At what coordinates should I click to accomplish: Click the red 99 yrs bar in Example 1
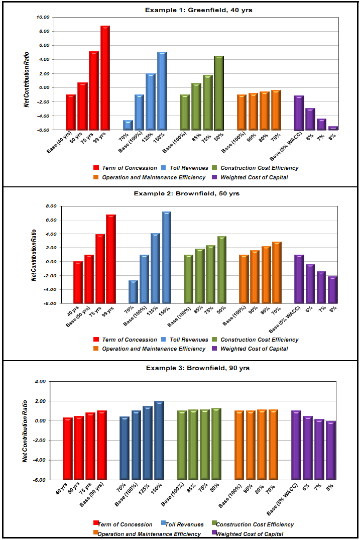coord(105,78)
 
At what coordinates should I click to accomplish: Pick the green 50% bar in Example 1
coord(218,92)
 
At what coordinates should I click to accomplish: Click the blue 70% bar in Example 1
coord(128,125)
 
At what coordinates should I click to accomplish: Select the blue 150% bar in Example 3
coord(159,440)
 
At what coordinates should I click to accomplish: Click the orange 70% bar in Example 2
coord(277,272)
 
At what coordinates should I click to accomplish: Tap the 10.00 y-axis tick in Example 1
coord(44,17)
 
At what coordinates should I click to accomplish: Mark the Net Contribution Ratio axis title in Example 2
coord(34,255)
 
